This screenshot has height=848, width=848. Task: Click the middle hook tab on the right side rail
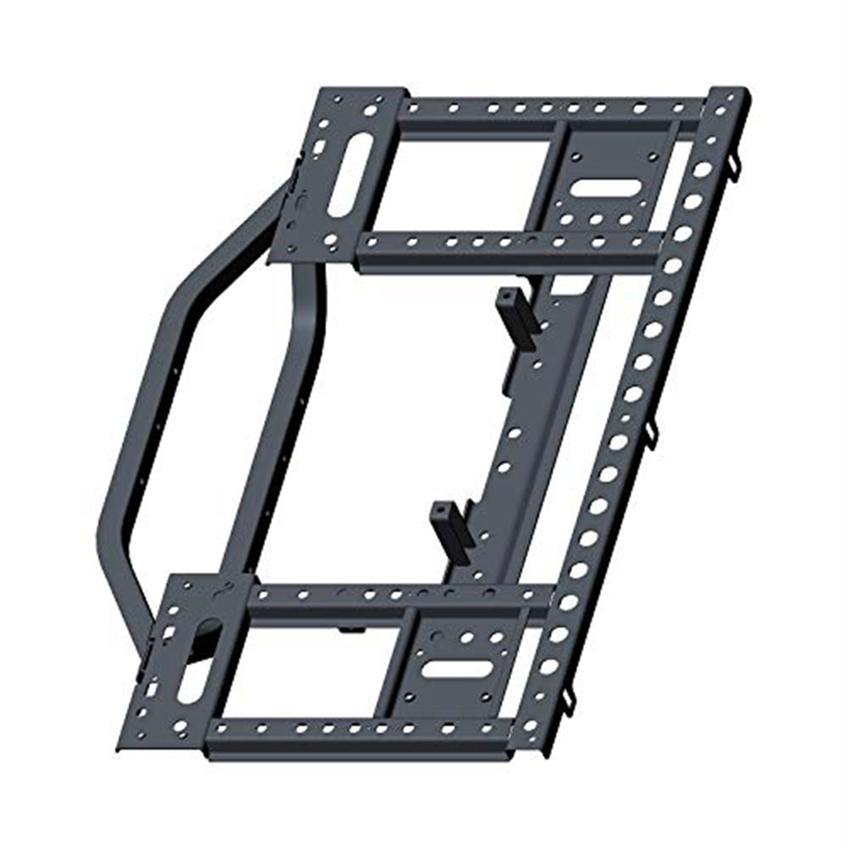tap(650, 434)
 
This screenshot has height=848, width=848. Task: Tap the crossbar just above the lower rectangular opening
tap(399, 598)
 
